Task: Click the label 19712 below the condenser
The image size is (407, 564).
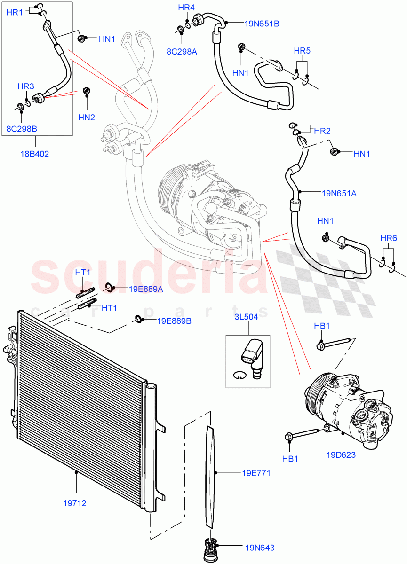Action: click(75, 503)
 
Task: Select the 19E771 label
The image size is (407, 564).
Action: click(257, 473)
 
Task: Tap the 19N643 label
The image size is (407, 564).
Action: click(259, 548)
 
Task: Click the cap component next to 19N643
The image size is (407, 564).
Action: click(209, 548)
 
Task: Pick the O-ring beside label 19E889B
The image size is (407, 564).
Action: click(138, 320)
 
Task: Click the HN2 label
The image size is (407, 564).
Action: click(87, 117)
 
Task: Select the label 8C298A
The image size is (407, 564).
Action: click(182, 52)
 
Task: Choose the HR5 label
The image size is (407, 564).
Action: click(302, 50)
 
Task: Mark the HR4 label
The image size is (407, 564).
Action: click(186, 8)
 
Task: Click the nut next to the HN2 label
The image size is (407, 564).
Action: click(86, 90)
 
